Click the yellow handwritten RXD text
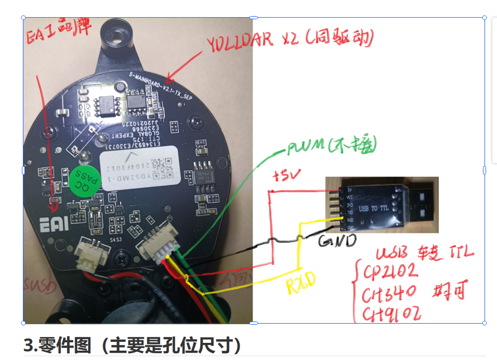click(x=302, y=284)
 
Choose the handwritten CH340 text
click(x=390, y=295)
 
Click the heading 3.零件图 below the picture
click(x=133, y=344)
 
